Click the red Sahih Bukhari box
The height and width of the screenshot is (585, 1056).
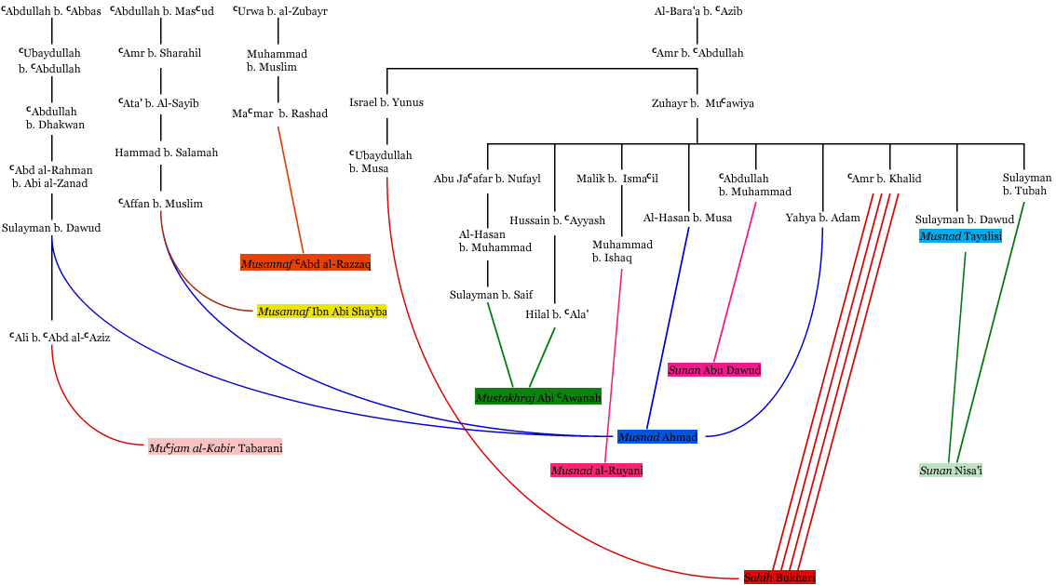tap(779, 578)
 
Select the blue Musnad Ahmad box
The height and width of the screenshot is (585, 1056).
tap(657, 437)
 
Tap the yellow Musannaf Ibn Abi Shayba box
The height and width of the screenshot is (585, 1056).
tap(322, 312)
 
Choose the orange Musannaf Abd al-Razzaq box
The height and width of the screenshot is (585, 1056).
tap(305, 263)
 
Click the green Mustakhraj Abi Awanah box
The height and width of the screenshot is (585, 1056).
tap(538, 397)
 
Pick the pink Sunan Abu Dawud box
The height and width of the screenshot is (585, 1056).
tap(714, 370)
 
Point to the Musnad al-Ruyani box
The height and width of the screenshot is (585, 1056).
tap(597, 471)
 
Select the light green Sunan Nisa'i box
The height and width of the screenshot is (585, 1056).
tap(951, 471)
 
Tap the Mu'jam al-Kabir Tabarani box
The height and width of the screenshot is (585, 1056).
tap(215, 448)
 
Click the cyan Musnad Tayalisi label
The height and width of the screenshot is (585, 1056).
tap(960, 236)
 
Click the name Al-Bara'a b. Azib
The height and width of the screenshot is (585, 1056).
tap(698, 12)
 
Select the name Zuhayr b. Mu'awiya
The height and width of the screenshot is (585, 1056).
tap(703, 103)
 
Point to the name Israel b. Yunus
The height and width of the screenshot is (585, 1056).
tap(386, 102)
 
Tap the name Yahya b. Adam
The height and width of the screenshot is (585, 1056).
tap(822, 218)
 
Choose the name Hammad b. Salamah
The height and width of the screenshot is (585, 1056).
tap(167, 153)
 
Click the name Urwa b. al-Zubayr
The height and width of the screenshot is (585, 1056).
tap(279, 12)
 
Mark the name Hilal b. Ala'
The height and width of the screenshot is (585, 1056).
tap(557, 314)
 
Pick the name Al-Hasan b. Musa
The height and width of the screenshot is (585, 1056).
tap(687, 218)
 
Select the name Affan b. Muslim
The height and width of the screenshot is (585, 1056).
tap(160, 203)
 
